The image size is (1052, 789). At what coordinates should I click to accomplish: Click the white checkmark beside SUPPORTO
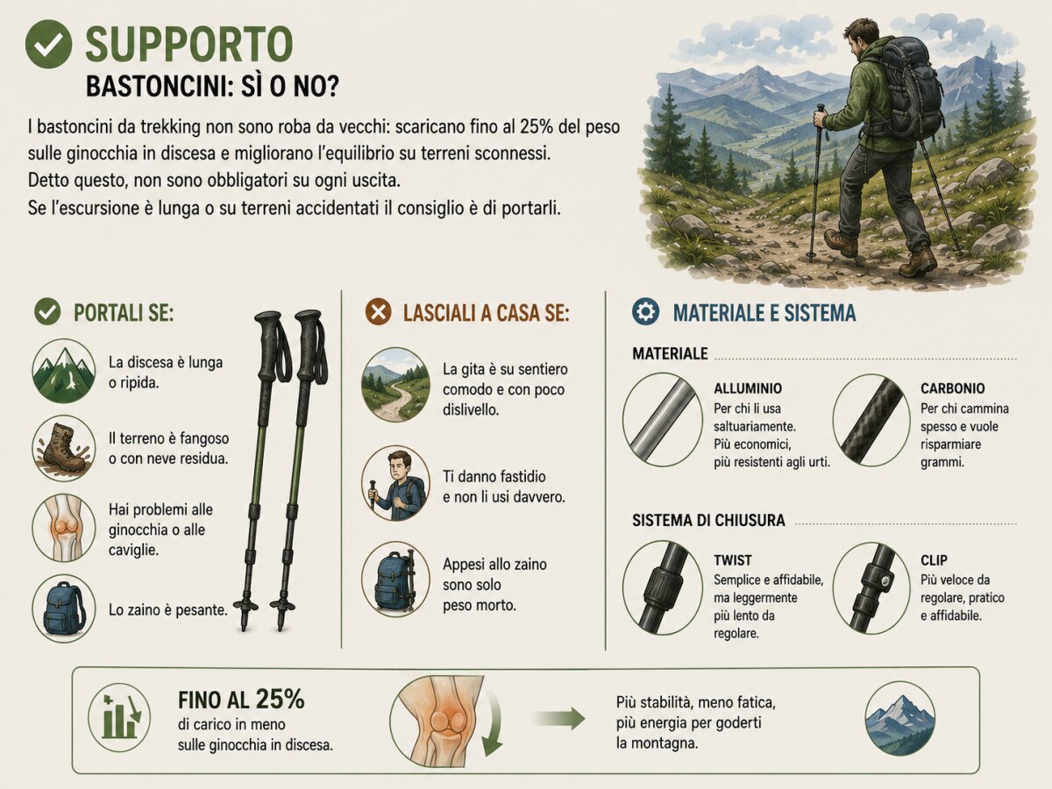pyautogui.click(x=48, y=44)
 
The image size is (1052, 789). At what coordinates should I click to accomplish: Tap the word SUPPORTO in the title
pyautogui.click(x=188, y=44)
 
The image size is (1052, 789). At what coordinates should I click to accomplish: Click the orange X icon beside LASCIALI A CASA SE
pyautogui.click(x=378, y=312)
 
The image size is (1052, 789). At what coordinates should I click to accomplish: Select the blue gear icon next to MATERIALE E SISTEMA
pyautogui.click(x=645, y=312)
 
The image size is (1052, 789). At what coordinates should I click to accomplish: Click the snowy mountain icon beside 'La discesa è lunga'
pyautogui.click(x=64, y=371)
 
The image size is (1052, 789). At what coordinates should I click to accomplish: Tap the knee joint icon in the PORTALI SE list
pyautogui.click(x=64, y=528)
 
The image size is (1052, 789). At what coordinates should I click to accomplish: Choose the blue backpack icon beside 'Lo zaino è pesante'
pyautogui.click(x=64, y=608)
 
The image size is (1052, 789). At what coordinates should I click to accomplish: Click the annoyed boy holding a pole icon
pyautogui.click(x=395, y=483)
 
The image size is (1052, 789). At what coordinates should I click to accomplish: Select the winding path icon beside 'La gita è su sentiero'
pyautogui.click(x=395, y=385)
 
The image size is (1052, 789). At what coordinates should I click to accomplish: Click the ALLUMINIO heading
pyautogui.click(x=748, y=388)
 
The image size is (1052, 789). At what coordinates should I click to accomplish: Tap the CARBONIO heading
pyautogui.click(x=952, y=388)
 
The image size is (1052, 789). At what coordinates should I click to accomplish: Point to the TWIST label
pyautogui.click(x=732, y=560)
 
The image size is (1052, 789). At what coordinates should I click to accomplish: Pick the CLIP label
pyautogui.click(x=934, y=560)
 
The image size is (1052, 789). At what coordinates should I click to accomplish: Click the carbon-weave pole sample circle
pyautogui.click(x=871, y=421)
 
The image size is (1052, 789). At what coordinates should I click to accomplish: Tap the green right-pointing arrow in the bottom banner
pyautogui.click(x=558, y=719)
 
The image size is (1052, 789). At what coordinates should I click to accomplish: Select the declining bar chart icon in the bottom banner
pyautogui.click(x=119, y=716)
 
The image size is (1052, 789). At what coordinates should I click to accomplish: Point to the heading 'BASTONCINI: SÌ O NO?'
pyautogui.click(x=212, y=86)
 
